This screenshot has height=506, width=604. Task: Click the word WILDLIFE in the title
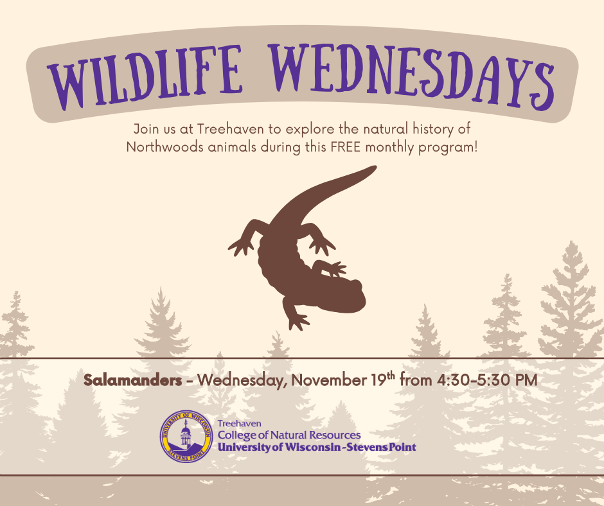(145, 77)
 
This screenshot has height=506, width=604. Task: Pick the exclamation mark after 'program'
(475, 147)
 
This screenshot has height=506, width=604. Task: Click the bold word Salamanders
(132, 380)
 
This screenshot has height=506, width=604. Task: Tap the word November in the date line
(329, 380)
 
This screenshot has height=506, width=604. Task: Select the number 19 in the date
(378, 380)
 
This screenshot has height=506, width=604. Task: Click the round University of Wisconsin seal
(186, 436)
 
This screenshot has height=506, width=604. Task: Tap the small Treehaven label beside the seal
(239, 424)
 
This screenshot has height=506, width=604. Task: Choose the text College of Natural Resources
(289, 435)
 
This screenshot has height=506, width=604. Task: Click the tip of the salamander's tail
(375, 167)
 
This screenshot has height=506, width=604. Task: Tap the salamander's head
(348, 295)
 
